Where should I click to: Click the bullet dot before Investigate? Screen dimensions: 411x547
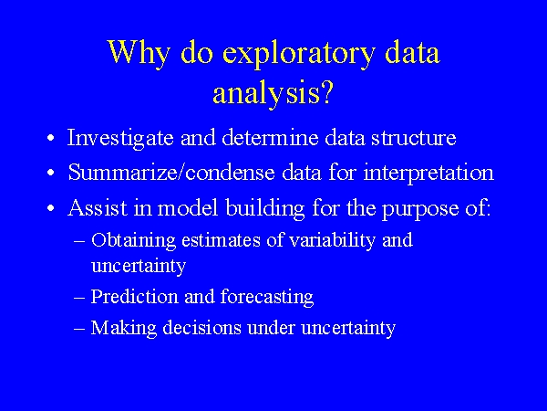pos(53,140)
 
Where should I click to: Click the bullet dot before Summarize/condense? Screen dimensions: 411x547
pos(53,174)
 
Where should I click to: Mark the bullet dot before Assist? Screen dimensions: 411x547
pos(53,209)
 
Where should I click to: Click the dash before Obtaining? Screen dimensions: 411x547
pos(78,241)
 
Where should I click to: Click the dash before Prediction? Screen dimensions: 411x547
pos(78,298)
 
